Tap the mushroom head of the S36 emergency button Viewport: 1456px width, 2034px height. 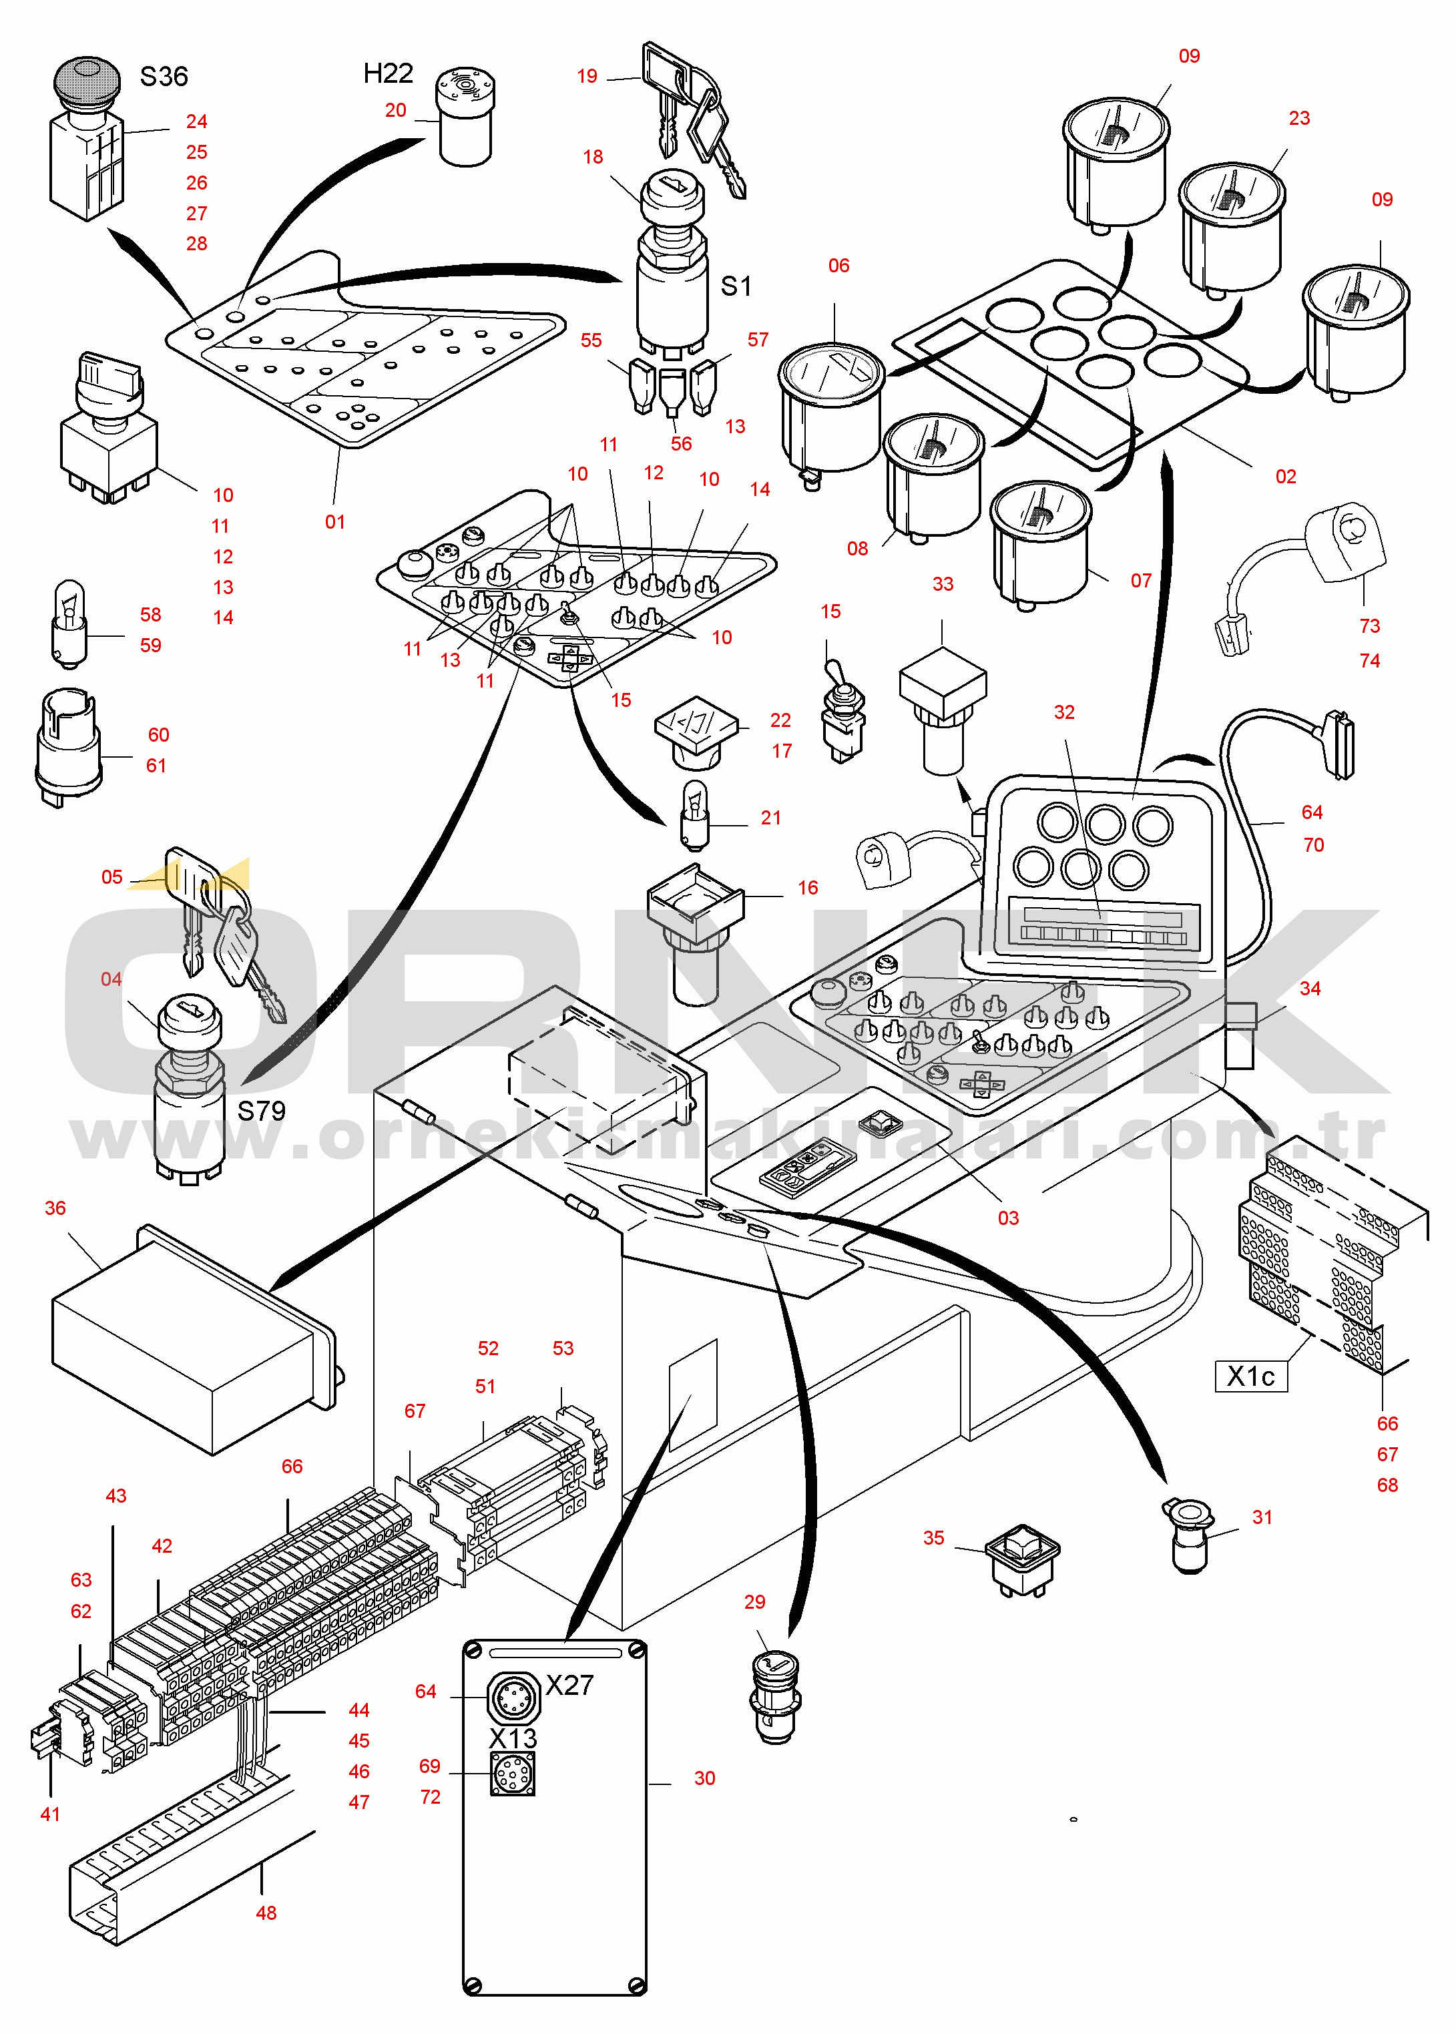coord(87,79)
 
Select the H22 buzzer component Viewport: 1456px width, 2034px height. coord(465,117)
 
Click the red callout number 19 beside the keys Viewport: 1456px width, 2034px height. coord(587,77)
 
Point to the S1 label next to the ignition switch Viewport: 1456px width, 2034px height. coord(736,287)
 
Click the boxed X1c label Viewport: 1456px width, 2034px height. coord(1250,1376)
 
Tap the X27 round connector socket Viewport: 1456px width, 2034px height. coord(513,1697)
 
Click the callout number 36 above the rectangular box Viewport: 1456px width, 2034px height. coord(55,1208)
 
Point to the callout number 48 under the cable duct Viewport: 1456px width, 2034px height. coord(266,1913)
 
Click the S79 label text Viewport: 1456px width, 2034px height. coord(261,1111)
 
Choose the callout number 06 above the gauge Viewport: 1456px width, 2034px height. coord(838,266)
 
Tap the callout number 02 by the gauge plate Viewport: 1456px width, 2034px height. coord(1286,477)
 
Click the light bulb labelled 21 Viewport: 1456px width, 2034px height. coord(696,814)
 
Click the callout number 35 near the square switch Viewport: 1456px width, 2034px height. coord(933,1538)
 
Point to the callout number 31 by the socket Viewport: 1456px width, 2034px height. coord(1262,1517)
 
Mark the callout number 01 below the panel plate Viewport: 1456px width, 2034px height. coord(334,523)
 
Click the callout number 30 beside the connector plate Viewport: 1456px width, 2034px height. coord(705,1778)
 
